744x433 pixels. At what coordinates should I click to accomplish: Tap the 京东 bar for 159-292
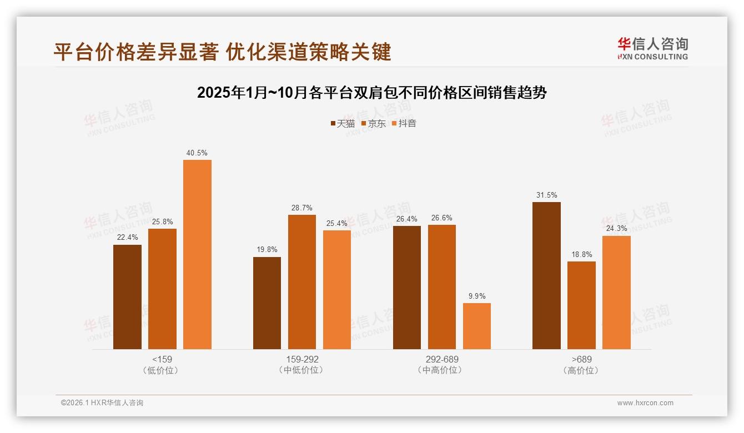[302, 282]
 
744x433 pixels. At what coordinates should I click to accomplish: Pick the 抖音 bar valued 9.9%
[477, 326]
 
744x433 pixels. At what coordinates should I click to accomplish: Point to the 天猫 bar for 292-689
[407, 288]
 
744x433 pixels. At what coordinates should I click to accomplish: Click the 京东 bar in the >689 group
[581, 305]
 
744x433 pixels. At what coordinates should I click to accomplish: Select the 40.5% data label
[197, 153]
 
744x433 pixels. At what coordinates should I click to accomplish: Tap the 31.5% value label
[547, 195]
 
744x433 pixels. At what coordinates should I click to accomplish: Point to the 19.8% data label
[267, 250]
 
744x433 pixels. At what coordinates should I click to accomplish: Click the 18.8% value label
[581, 254]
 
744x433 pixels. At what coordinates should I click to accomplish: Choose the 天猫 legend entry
[343, 123]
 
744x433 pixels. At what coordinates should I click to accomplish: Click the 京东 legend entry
[373, 123]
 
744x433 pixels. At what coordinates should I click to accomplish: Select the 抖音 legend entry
[404, 123]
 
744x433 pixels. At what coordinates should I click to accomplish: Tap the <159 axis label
[162, 359]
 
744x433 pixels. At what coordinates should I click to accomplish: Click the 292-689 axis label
[442, 359]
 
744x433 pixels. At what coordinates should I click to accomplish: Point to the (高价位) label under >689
[581, 370]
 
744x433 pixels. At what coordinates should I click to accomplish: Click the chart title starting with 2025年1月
[372, 93]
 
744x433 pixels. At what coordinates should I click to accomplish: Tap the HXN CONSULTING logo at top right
[652, 48]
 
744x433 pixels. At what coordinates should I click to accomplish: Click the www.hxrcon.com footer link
[645, 403]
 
